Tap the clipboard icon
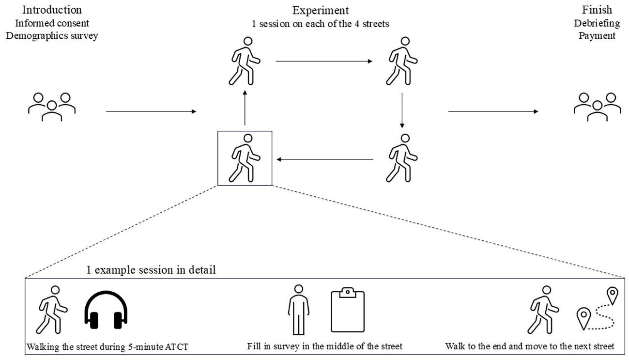tap(348, 310)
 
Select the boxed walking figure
tap(245, 158)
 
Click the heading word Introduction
tap(52, 10)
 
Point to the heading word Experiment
tap(321, 10)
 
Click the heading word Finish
tap(597, 10)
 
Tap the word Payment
tap(597, 36)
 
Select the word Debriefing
tap(597, 23)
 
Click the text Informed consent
tap(52, 23)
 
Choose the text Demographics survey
tap(52, 36)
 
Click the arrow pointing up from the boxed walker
tap(245, 108)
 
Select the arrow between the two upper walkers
tap(324, 61)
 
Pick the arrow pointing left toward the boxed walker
tap(325, 159)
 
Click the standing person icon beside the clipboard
tap(299, 310)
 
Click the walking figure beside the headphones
tap(52, 310)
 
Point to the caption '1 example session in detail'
tap(151, 270)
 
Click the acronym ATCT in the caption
tap(176, 346)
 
